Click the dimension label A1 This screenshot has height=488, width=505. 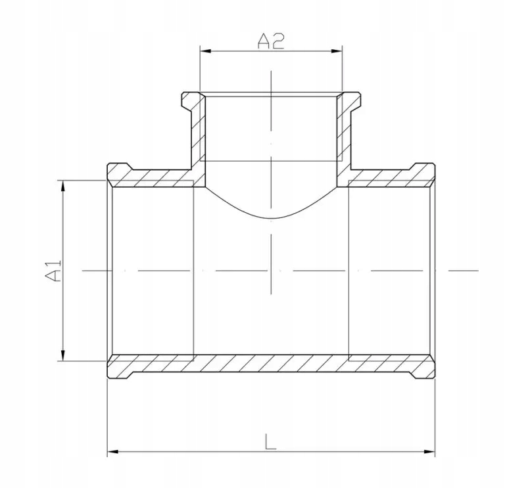click(54, 270)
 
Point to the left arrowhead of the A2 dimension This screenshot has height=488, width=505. click(204, 51)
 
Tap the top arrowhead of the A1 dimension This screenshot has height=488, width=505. click(63, 185)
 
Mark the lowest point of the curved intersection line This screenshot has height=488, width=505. click(270, 219)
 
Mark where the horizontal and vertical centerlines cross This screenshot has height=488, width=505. click(270, 270)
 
